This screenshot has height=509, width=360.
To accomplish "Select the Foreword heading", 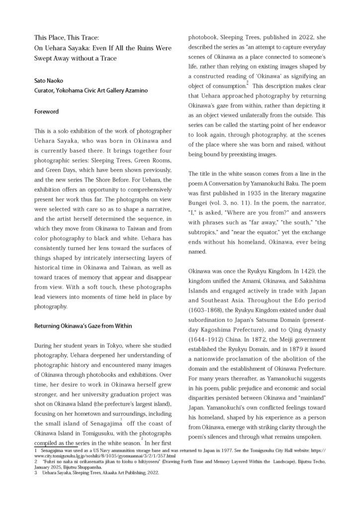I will pyautogui.click(x=46, y=112).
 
